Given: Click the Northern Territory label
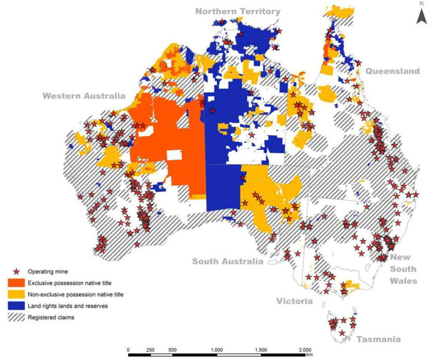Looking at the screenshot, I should (x=238, y=11).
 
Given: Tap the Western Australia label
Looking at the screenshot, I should (x=84, y=96).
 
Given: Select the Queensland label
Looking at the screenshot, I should (x=393, y=71).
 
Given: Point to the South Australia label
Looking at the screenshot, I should (x=227, y=262).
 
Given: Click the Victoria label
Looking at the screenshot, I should (x=294, y=301).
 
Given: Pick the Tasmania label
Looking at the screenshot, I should (x=378, y=339).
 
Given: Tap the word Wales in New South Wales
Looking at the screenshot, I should (x=403, y=280).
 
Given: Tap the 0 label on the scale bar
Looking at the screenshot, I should (x=128, y=350).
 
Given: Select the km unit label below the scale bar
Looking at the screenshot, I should (x=309, y=355).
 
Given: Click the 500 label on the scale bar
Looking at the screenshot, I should (x=173, y=350).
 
